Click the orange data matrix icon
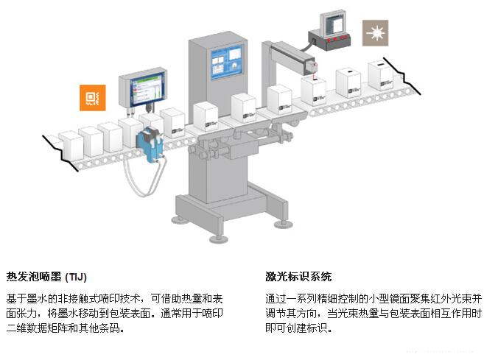point(93,98)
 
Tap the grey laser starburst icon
point(375,33)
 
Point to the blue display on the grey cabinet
point(226,63)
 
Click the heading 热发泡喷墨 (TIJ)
point(46,276)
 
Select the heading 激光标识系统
point(298,276)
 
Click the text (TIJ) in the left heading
point(76,277)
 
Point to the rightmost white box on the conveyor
point(381,75)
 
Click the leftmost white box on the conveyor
point(71,146)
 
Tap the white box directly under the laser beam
point(313,91)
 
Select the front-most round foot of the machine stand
point(219,239)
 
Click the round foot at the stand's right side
point(284,225)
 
